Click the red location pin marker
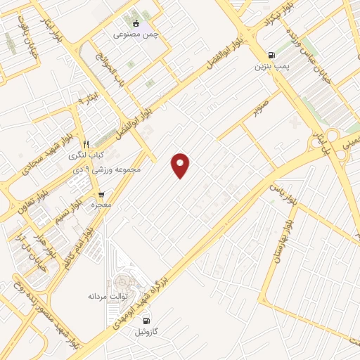[181, 165]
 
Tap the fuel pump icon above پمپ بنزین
[271, 56]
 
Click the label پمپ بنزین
[271, 67]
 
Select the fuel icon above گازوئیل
[146, 321]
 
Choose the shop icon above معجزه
[102, 193]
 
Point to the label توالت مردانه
[105, 297]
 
